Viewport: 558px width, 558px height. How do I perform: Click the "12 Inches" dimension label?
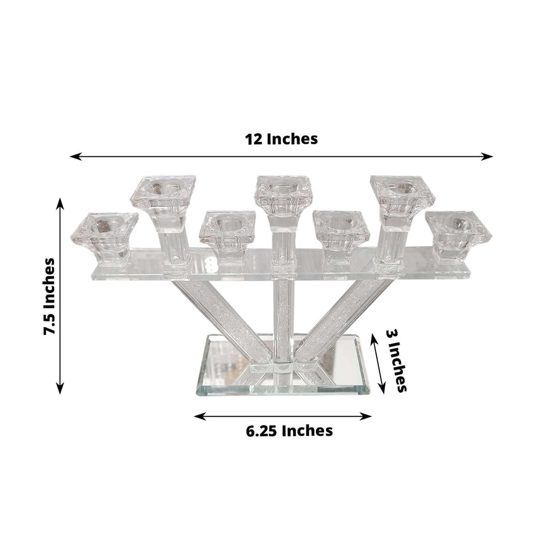(x=282, y=139)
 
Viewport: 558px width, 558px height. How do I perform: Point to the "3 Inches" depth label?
(x=397, y=360)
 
